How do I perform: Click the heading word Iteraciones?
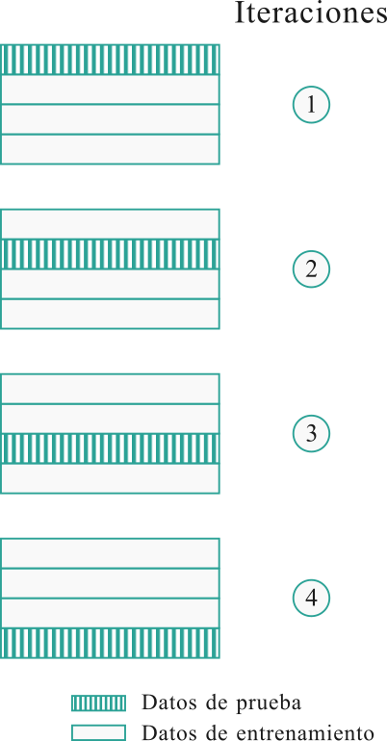310,13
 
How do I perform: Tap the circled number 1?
311,105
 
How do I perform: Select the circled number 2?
311,268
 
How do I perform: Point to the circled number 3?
311,433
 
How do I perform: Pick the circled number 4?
311,598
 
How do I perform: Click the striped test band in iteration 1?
110,60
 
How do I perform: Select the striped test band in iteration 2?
110,254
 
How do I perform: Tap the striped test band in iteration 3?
110,448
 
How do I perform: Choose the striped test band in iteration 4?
110,643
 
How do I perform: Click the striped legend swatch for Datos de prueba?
99,703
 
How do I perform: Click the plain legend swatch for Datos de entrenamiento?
99,733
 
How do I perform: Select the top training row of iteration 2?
110,224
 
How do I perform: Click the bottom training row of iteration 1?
110,149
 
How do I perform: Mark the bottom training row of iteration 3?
110,478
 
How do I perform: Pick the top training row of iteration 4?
110,553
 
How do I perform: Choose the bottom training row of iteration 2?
110,314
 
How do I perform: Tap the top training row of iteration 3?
110,389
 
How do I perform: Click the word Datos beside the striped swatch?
165,703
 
